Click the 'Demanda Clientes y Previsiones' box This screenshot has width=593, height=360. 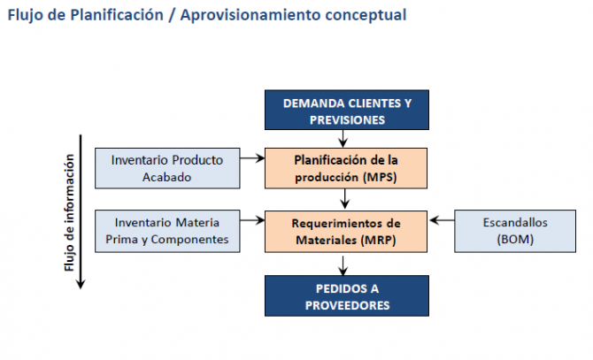[x=347, y=111]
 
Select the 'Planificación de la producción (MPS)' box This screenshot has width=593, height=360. [x=347, y=167]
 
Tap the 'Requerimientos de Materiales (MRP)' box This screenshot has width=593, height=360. [x=347, y=230]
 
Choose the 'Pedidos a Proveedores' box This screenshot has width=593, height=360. [x=347, y=295]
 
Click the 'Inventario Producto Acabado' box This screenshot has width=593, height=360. [x=166, y=167]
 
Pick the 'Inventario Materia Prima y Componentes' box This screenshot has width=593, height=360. [x=166, y=230]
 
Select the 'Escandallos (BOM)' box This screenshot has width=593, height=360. [x=515, y=230]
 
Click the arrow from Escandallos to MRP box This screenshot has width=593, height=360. [x=442, y=217]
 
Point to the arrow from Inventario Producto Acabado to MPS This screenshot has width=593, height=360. [x=253, y=159]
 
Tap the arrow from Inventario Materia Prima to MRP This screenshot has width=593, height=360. [x=253, y=217]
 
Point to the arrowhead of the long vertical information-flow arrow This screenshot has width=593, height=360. [x=81, y=283]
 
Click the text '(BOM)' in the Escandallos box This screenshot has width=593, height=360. [x=515, y=239]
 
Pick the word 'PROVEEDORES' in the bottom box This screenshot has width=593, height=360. [x=347, y=304]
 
